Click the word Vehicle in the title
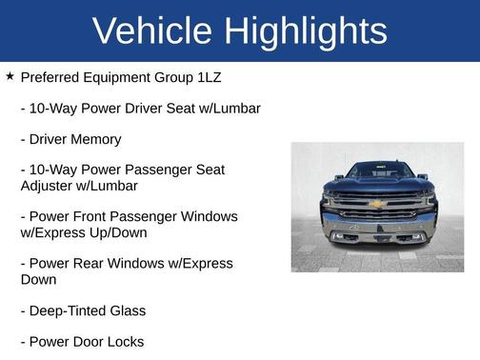(x=150, y=31)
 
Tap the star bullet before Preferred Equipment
(x=10, y=75)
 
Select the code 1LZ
(x=205, y=77)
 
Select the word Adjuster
(x=50, y=186)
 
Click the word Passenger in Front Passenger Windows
(x=151, y=217)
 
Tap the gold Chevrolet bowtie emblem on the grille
(x=377, y=203)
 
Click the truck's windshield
(x=377, y=170)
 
